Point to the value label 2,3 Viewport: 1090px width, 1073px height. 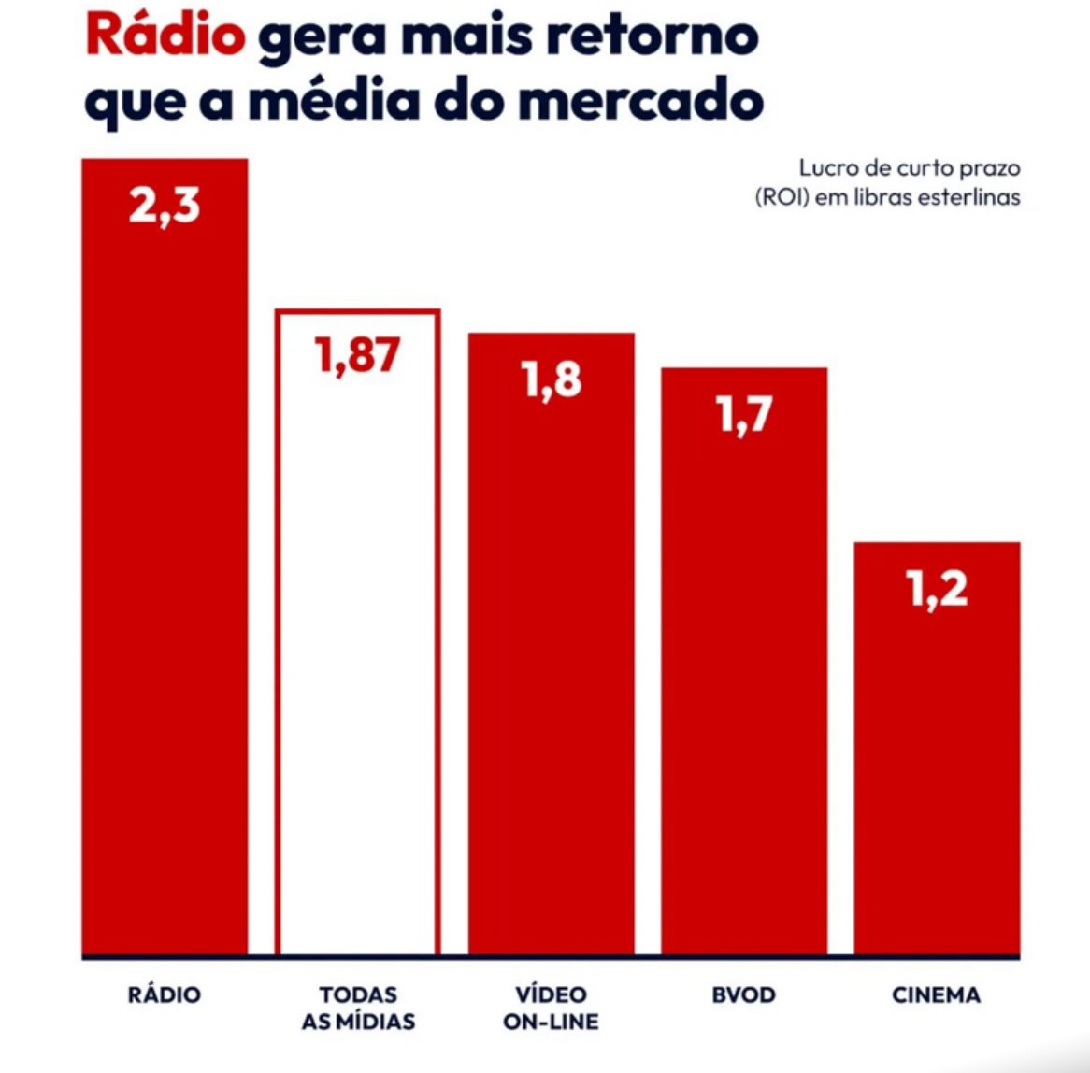point(165,205)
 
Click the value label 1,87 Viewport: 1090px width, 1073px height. point(358,355)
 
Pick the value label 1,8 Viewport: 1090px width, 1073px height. point(552,379)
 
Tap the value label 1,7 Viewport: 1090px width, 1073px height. point(744,414)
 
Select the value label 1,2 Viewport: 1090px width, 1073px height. point(937,589)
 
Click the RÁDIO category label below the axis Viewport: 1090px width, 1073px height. point(165,994)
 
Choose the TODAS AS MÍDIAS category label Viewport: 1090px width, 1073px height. point(358,1008)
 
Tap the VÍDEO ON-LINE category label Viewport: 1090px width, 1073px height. point(551,1008)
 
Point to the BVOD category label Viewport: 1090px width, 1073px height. point(743,994)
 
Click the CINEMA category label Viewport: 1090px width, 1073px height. point(936,994)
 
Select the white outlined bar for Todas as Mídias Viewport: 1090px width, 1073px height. point(358,654)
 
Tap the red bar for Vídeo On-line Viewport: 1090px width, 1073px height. point(552,673)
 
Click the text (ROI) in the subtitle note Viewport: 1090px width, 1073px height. point(782,197)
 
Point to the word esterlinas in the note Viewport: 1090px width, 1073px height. point(968,197)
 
